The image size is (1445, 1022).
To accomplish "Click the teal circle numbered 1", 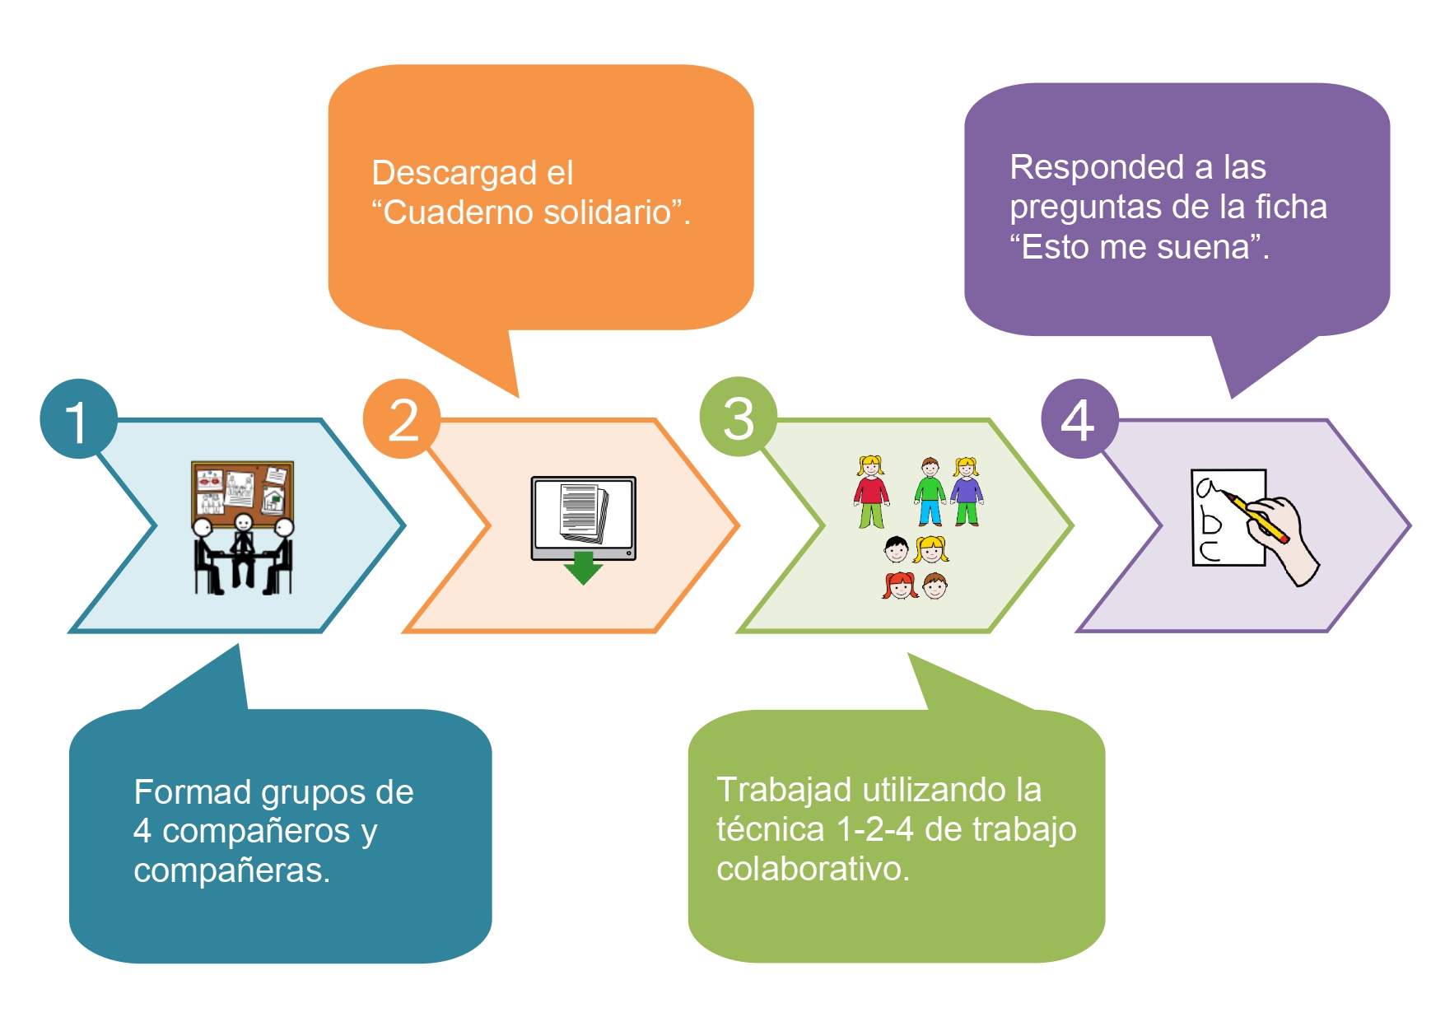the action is (x=78, y=418).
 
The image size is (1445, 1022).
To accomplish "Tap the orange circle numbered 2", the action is (x=402, y=418).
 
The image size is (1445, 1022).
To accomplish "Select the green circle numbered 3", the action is (x=739, y=417).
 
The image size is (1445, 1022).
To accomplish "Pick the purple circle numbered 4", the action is (x=1079, y=418).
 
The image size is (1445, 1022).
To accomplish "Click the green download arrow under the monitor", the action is (x=584, y=567).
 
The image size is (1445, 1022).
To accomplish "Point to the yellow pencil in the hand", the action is (x=1255, y=516).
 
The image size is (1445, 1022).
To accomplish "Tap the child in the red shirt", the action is (x=871, y=492).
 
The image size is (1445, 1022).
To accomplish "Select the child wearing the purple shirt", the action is (x=967, y=492).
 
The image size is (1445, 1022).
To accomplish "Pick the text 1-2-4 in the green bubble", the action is (x=874, y=829).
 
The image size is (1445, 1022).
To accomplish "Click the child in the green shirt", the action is (x=930, y=492).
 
